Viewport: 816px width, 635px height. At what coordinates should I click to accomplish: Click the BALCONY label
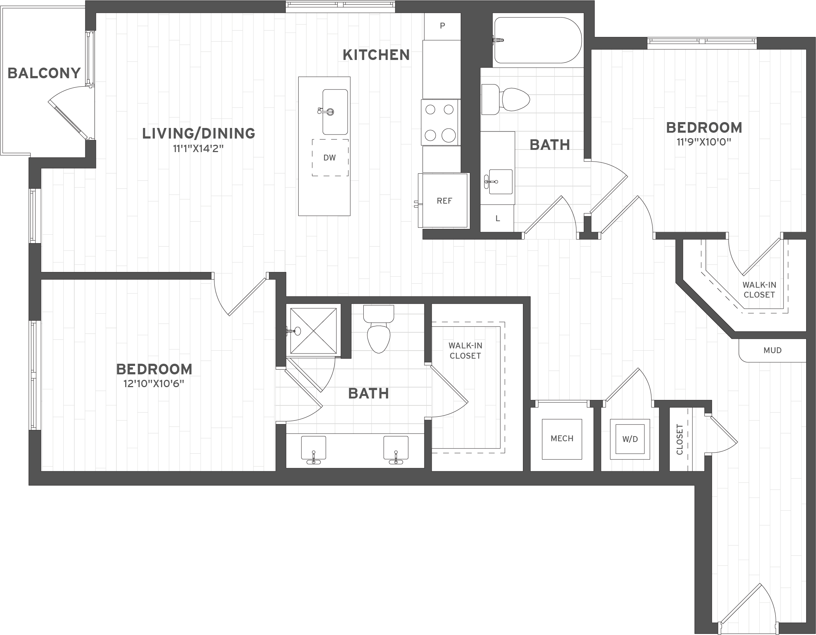[x=44, y=73]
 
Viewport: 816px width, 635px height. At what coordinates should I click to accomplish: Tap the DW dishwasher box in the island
[x=330, y=158]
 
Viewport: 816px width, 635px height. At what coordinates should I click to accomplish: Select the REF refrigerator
[x=443, y=200]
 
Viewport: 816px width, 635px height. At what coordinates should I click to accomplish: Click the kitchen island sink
[x=335, y=111]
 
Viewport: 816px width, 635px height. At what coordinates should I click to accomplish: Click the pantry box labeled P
[x=442, y=26]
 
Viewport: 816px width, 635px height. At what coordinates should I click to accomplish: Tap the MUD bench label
[x=772, y=350]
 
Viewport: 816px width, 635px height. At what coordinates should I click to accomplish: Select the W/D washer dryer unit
[x=630, y=439]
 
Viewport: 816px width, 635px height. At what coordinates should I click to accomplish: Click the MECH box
[x=562, y=439]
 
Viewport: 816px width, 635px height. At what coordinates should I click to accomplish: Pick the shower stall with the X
[x=314, y=331]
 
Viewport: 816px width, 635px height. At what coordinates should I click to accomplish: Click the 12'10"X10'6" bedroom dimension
[x=154, y=384]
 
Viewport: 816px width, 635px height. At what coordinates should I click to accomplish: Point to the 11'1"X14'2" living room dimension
[x=198, y=148]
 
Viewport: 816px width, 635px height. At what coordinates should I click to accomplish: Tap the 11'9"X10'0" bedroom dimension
[x=704, y=142]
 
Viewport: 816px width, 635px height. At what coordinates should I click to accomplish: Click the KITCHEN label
[x=376, y=55]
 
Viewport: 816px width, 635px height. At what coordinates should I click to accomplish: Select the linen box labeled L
[x=497, y=218]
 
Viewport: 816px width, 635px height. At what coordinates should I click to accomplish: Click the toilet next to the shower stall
[x=379, y=329]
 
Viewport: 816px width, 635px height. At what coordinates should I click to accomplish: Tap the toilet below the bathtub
[x=505, y=100]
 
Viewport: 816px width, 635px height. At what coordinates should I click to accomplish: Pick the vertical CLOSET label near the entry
[x=680, y=439]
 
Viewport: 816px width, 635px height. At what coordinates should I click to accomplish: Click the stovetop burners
[x=440, y=122]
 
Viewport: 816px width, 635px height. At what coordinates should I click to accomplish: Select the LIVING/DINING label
[x=198, y=134]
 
